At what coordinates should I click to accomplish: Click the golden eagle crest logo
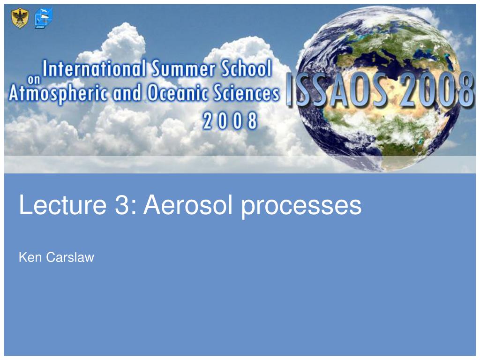tap(20, 18)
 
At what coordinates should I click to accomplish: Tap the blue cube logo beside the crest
tap(43, 18)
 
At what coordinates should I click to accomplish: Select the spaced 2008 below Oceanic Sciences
tap(230, 120)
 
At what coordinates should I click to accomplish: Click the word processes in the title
tap(301, 207)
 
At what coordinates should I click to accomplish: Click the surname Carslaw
tap(70, 257)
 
